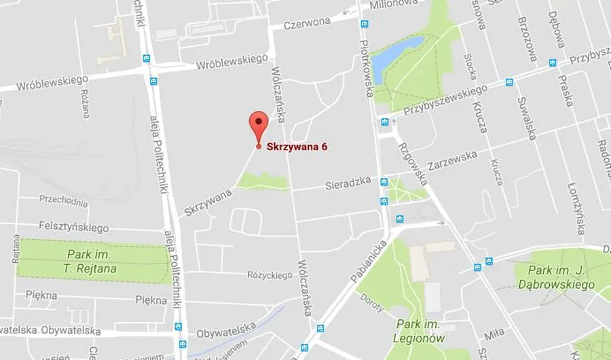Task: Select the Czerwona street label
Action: (x=307, y=22)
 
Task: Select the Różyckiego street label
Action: (x=270, y=275)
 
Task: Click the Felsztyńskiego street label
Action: (x=73, y=227)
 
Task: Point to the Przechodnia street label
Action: (x=63, y=201)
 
